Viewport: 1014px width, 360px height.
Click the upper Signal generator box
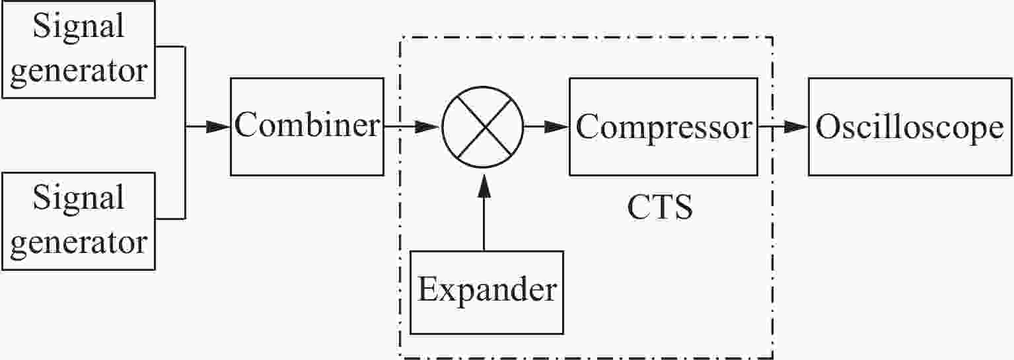click(79, 49)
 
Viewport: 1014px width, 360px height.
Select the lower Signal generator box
click(79, 221)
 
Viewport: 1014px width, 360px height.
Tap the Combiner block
click(307, 127)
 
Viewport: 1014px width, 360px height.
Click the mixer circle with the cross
click(483, 127)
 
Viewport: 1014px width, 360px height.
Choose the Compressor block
click(664, 127)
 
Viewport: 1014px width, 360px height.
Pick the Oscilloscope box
click(910, 127)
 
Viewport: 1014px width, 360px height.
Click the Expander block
click(487, 293)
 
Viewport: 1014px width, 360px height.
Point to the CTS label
click(660, 207)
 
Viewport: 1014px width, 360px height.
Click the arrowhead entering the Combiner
click(218, 127)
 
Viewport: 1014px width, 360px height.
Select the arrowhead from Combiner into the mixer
click(428, 127)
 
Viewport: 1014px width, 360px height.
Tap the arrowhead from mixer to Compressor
click(556, 127)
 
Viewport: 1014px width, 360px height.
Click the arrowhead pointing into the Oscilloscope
click(795, 127)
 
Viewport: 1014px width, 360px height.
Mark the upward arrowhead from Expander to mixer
click(484, 186)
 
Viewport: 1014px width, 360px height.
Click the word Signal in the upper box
click(79, 26)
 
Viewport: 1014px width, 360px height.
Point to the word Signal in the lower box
click(79, 199)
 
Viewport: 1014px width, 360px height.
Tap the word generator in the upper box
click(79, 71)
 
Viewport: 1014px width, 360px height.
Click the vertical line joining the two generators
click(185, 133)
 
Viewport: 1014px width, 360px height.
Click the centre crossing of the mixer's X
click(483, 127)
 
